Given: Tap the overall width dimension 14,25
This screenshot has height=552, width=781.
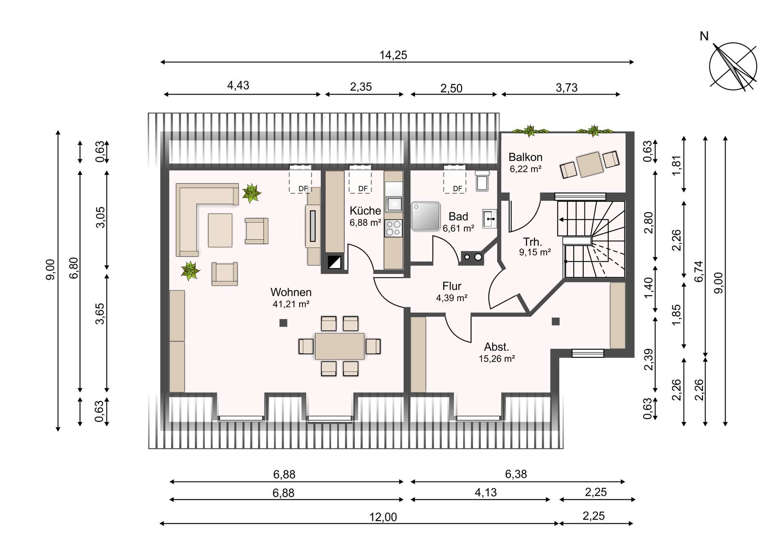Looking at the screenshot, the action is click(x=393, y=55).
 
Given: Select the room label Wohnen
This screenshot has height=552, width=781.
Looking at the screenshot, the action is click(x=291, y=292).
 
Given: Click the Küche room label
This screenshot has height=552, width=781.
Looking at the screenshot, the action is click(x=365, y=211).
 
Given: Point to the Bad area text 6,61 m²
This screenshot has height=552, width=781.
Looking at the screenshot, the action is click(x=458, y=229).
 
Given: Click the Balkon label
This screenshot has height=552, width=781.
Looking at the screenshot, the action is click(x=525, y=157).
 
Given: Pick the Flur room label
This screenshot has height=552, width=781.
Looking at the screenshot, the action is click(x=452, y=286).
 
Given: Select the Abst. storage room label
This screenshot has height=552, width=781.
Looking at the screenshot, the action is click(x=496, y=347).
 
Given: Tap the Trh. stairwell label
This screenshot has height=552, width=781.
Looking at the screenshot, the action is click(x=532, y=242).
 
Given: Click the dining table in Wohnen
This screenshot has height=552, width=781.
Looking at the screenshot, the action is click(x=339, y=346).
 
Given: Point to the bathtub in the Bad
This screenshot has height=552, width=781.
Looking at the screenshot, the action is click(x=425, y=216).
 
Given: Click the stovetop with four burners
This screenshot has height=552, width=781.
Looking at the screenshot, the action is click(x=393, y=228).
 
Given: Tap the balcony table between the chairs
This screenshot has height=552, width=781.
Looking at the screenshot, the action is click(x=589, y=164).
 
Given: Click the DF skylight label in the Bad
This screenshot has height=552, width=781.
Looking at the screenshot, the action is click(x=458, y=189).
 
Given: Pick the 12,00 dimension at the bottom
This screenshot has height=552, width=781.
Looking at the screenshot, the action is click(x=383, y=517).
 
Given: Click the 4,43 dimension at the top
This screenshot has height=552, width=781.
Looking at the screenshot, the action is click(x=238, y=85).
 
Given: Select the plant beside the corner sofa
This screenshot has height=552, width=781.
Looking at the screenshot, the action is click(x=251, y=193).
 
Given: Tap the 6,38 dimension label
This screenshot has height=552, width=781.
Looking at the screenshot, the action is click(x=516, y=474).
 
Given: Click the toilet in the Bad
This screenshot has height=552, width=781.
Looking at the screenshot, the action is click(x=482, y=181).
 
